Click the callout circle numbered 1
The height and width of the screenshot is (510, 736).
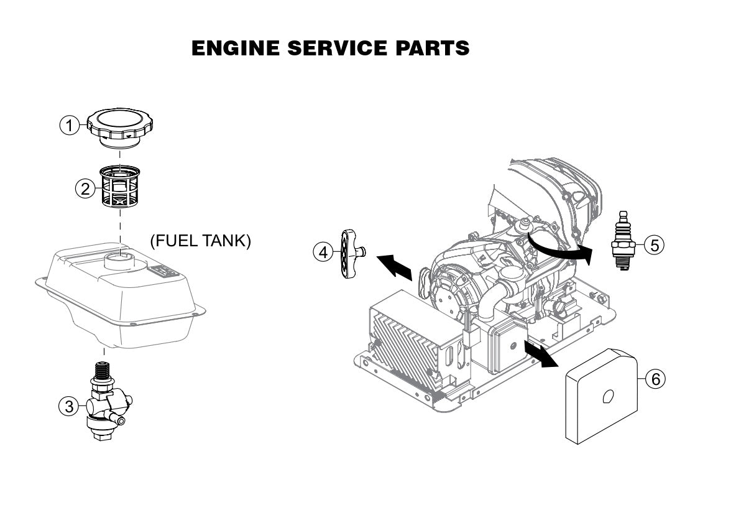click(x=70, y=125)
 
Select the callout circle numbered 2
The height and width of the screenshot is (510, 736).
click(x=86, y=188)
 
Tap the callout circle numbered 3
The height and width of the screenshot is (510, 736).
click(x=69, y=406)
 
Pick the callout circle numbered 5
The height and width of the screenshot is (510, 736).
click(x=654, y=245)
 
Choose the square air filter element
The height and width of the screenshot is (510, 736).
click(x=602, y=396)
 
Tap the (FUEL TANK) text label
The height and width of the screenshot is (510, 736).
click(x=201, y=241)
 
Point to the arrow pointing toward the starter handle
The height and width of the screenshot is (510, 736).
click(x=395, y=266)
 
